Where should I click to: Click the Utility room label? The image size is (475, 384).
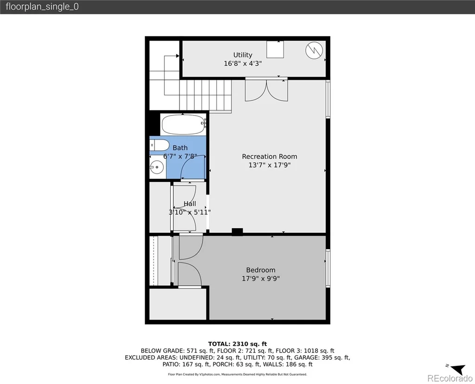click(x=243, y=55)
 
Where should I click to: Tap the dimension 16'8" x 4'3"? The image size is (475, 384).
click(x=243, y=63)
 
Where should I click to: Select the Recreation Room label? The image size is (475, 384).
click(x=270, y=157)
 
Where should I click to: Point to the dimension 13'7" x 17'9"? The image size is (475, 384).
click(x=270, y=165)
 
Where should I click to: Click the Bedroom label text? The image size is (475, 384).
click(x=261, y=270)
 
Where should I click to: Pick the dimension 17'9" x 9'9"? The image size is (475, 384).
click(x=261, y=278)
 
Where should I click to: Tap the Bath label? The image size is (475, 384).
click(x=180, y=148)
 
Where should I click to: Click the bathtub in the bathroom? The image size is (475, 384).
click(x=184, y=124)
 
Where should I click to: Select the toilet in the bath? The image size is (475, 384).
click(x=160, y=145)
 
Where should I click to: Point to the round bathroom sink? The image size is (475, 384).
click(x=157, y=167)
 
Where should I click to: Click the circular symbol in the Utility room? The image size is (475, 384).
click(x=314, y=50)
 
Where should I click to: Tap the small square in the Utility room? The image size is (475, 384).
click(x=275, y=49)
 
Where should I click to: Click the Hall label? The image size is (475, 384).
click(x=190, y=204)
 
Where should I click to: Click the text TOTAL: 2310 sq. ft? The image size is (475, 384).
click(x=237, y=344)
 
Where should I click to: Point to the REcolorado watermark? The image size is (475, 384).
click(x=449, y=378)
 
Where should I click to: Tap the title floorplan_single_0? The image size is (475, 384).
click(x=42, y=6)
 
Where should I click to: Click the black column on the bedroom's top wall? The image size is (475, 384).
click(x=237, y=232)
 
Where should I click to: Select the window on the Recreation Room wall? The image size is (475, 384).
click(x=328, y=99)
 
